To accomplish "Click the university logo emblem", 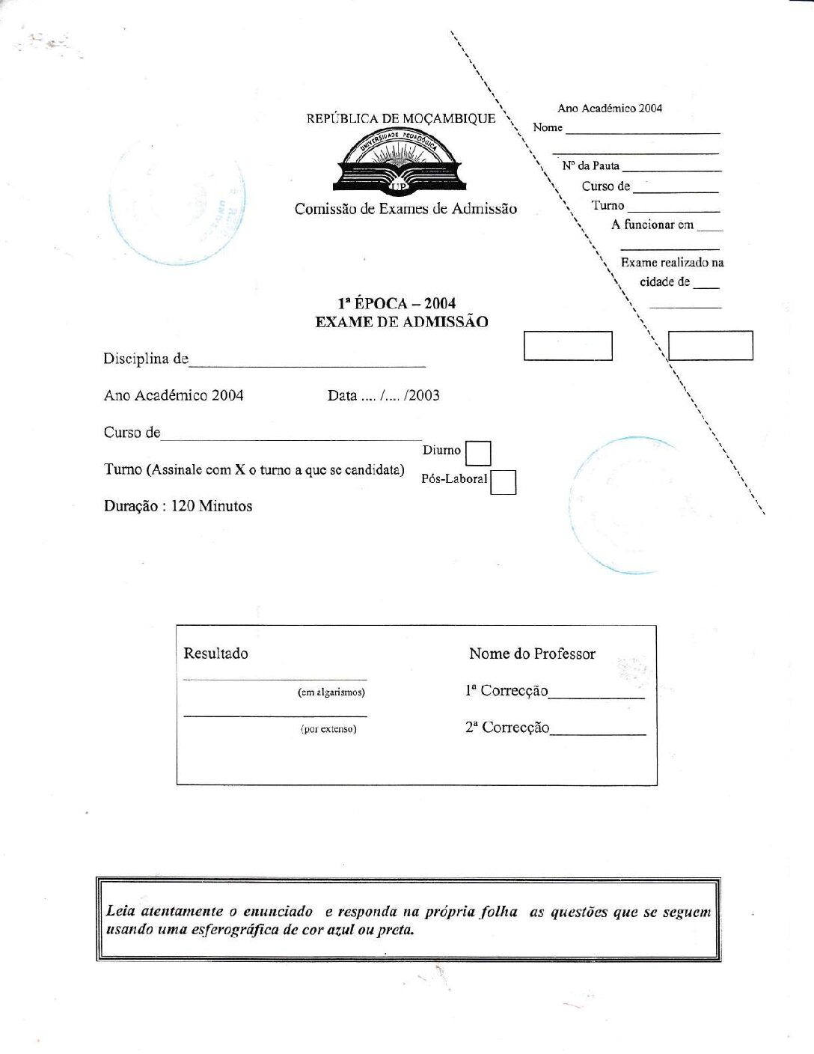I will [400, 162].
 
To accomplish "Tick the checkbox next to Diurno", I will [478, 454].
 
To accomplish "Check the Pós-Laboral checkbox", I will [504, 482].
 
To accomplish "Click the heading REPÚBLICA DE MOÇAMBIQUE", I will [400, 118].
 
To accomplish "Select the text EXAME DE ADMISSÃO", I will [401, 322].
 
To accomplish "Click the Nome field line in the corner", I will [643, 132].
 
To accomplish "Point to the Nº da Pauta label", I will [590, 165].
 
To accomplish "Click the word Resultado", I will [215, 654].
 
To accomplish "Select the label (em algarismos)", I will [331, 692].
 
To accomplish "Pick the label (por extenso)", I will [328, 729].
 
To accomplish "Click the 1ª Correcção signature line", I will [596, 696].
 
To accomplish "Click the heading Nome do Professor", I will [532, 654].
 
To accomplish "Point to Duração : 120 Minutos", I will [178, 506].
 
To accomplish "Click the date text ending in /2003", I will [383, 395].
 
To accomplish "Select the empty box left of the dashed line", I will [568, 346].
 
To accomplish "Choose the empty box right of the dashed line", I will [710, 346].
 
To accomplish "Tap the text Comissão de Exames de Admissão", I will [406, 209].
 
